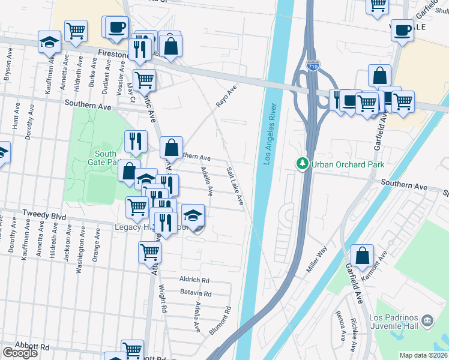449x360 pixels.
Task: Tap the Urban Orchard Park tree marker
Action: click(x=303, y=164)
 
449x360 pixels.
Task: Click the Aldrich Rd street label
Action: click(x=194, y=280)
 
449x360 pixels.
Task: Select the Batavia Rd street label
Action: click(x=195, y=293)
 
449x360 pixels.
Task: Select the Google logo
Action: click(x=19, y=353)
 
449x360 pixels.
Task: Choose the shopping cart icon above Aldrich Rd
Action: click(x=149, y=252)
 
